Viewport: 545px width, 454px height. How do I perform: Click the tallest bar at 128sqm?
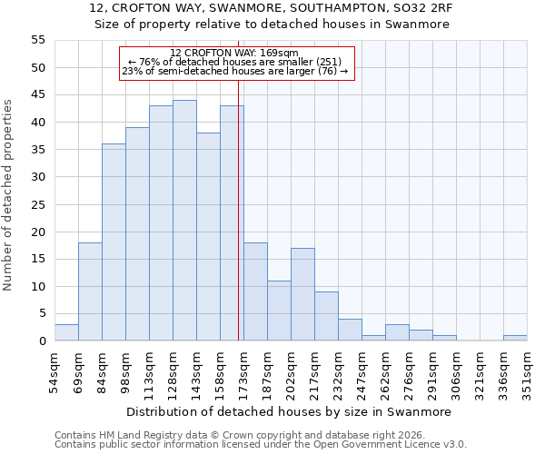tap(184, 221)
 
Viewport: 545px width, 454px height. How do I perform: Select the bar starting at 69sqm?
tap(90, 291)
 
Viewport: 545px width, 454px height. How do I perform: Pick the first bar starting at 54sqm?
tap(66, 332)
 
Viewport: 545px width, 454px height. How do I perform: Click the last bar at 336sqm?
tap(515, 339)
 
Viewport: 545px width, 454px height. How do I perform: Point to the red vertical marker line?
tap(238, 200)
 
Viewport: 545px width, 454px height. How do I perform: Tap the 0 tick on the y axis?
tap(42, 341)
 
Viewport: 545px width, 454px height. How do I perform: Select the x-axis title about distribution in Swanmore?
tap(288, 411)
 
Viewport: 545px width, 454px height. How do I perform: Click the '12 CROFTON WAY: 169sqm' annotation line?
tap(234, 53)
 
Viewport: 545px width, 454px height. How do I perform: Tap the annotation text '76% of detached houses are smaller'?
tap(234, 62)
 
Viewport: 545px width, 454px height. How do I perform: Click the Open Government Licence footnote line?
tap(260, 444)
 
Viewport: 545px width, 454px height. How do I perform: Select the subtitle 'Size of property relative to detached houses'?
tap(272, 25)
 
